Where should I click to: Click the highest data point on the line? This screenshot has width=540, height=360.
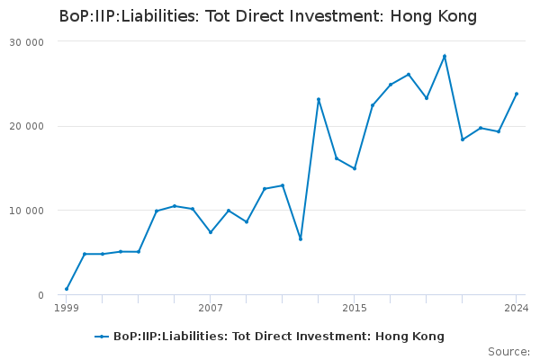click(445, 56)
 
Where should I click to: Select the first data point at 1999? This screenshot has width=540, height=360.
click(67, 289)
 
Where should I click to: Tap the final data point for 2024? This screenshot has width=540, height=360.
click(517, 94)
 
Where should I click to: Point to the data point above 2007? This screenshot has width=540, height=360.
click(211, 232)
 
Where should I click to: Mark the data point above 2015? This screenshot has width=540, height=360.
click(355, 168)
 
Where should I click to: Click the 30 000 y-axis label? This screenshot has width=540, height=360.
click(26, 42)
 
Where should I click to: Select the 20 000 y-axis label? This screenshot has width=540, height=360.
click(26, 126)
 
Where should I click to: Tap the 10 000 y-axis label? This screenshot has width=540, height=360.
click(26, 211)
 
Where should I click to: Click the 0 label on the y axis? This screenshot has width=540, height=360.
click(41, 295)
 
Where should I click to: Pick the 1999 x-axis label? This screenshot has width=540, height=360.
click(67, 308)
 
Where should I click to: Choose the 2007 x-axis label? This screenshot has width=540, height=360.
click(211, 308)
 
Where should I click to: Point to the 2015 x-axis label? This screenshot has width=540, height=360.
click(355, 308)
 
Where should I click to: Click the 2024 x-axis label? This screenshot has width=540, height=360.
click(517, 308)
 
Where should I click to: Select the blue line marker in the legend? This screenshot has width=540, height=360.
click(102, 337)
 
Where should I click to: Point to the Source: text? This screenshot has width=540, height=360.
click(509, 352)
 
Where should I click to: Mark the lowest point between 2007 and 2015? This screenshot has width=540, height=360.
click(301, 238)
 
